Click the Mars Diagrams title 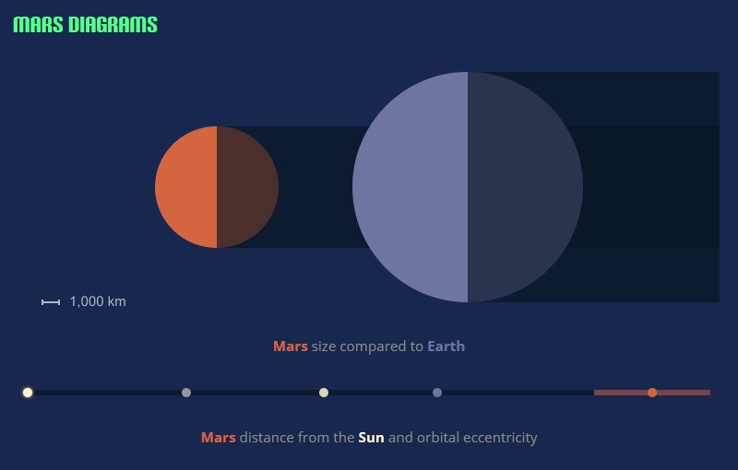coord(85,25)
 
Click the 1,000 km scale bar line coord(51,302)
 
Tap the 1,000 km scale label coord(98,301)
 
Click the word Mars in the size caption coord(291,347)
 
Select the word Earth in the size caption coord(446,347)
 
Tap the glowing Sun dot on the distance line coord(28,393)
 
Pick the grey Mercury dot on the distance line coord(186,393)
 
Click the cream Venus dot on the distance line coord(324,393)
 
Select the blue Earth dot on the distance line coord(437,393)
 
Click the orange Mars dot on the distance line coord(652,393)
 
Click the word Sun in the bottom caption coord(371,438)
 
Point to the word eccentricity coord(500,438)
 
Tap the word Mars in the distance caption coord(219,438)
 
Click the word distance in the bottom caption coord(267,438)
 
